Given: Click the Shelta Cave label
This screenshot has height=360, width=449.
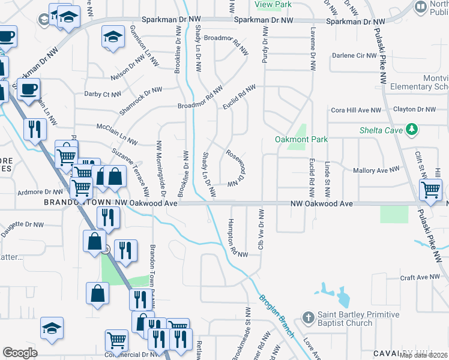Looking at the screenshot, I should coord(381,130).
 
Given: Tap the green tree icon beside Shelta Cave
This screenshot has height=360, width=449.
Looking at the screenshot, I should coord(411,129).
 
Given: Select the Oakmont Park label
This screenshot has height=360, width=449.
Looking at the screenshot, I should coord(301,139).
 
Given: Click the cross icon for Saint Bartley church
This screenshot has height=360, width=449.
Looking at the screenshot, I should coord(307,317).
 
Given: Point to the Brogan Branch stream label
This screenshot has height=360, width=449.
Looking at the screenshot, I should coord(277,316).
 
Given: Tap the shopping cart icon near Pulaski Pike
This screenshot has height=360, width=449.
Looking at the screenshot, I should coord(430,190).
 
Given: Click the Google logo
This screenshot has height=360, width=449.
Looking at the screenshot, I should coord(20,353).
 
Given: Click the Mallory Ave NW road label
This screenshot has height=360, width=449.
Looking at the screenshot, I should coord(376,170).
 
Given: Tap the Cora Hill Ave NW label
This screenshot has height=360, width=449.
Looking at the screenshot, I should coord(356,110).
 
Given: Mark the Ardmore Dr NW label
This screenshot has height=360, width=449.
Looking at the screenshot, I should coord(37,193).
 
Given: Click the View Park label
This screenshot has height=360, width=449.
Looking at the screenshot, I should coord(273,4).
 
